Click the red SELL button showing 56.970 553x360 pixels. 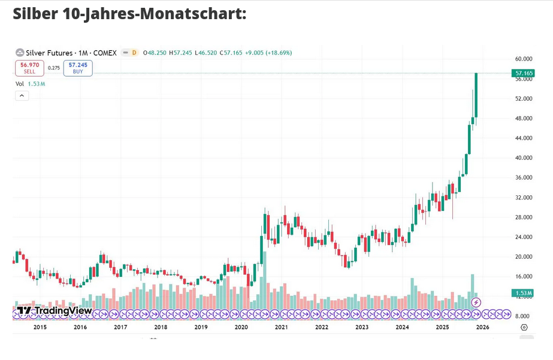(29, 68)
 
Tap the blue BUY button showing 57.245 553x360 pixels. (78, 68)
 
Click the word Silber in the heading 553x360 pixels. (35, 13)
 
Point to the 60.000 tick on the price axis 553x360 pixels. (524, 59)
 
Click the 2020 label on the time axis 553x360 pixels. (241, 327)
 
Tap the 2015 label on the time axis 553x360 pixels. (40, 327)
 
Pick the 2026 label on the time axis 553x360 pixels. (482, 327)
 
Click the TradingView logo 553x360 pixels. (54, 310)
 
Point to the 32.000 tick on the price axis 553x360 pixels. (524, 198)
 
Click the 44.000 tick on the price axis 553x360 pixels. (524, 138)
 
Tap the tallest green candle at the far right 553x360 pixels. (476, 96)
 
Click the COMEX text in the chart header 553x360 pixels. (105, 53)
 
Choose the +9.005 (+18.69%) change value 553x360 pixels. (268, 53)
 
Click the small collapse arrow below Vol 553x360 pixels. (22, 96)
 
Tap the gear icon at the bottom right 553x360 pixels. (524, 327)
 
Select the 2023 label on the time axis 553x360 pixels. (362, 327)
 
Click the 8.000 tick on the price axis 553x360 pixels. (524, 316)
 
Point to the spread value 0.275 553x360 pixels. (54, 68)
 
